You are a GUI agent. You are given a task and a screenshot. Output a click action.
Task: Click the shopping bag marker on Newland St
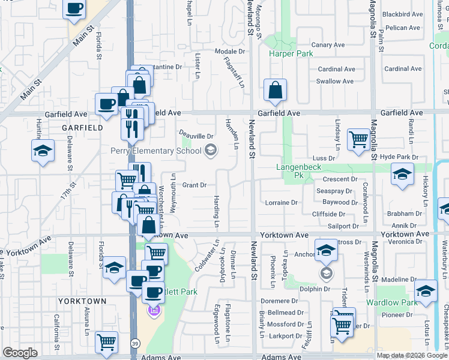point(275,91)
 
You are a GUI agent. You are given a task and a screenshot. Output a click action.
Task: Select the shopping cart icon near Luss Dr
point(358,140)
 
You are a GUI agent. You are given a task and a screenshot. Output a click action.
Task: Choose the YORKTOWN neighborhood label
point(82,301)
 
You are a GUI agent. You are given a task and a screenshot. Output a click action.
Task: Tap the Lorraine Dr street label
point(281,203)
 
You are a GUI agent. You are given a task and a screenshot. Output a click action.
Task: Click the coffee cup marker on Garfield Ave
point(107,104)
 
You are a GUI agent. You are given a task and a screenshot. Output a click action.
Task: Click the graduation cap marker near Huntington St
point(43,151)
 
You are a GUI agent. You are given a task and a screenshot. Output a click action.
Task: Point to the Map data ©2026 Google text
point(412,355)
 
